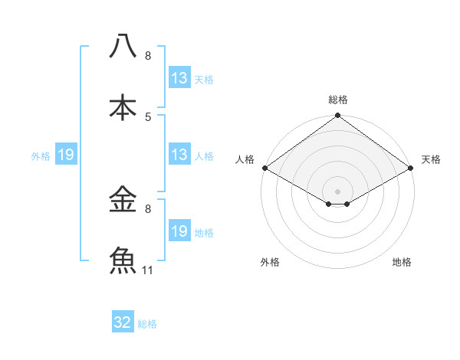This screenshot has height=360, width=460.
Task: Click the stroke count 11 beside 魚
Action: [147, 270]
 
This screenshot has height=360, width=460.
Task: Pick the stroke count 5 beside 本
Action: [148, 116]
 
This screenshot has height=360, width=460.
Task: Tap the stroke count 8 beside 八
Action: [148, 56]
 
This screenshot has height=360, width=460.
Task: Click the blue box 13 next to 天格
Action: [179, 78]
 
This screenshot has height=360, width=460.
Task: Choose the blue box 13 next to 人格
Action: [179, 155]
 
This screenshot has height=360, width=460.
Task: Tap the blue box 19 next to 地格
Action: [179, 231]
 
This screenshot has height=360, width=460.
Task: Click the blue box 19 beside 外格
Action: [65, 155]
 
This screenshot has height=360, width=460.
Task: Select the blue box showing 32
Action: [123, 322]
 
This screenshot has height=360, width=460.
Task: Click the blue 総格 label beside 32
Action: [147, 324]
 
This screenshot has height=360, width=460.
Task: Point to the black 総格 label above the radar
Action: [337, 100]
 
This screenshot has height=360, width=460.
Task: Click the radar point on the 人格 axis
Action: [264, 168]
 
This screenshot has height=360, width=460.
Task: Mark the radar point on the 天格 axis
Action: [411, 168]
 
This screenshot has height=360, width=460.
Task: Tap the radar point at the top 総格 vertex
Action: [337, 116]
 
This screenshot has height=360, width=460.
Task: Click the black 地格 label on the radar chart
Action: [402, 262]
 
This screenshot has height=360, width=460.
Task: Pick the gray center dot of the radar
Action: [337, 191]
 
